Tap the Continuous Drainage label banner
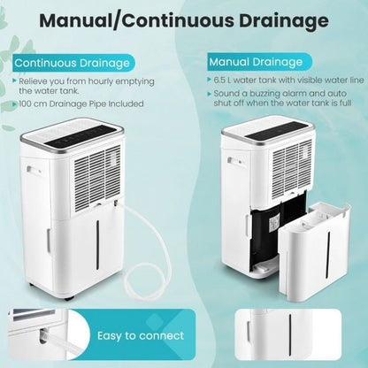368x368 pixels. [72, 63]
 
